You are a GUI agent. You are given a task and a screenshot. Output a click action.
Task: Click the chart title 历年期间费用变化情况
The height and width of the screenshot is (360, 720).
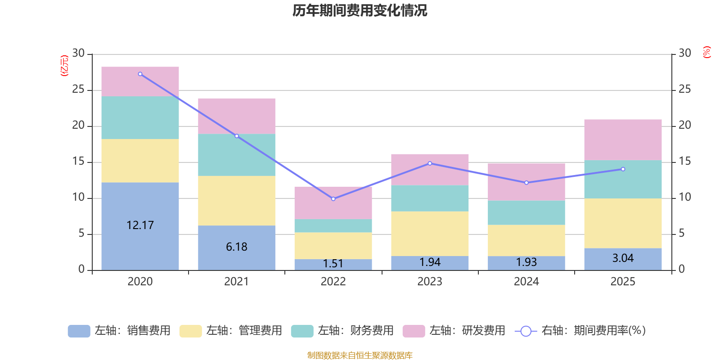coord(360,10)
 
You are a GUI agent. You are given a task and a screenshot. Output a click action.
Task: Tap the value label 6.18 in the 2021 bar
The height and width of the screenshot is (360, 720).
coord(237,247)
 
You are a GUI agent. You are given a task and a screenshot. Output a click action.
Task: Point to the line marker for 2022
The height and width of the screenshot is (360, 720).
coord(333,199)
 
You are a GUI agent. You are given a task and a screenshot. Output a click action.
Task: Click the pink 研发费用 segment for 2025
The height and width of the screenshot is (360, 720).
coord(623,139)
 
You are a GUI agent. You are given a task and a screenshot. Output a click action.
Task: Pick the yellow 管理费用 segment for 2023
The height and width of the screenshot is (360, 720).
coord(430,234)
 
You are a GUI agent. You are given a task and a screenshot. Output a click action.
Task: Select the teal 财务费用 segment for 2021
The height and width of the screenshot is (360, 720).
coord(237,155)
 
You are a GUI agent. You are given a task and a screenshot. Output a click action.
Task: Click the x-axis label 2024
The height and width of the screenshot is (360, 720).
coord(526,282)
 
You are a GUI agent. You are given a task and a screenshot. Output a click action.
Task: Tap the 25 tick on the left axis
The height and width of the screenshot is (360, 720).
coord(78,90)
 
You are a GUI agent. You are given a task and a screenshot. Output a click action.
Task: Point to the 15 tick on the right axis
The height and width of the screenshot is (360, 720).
coord(684,161)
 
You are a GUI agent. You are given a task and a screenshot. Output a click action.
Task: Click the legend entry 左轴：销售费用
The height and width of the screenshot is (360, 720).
coord(119,331)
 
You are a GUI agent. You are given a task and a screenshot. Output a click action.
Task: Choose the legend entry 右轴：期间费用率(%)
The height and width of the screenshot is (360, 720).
coord(580,331)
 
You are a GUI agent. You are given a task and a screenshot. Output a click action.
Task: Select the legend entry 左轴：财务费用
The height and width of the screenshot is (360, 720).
coord(342,331)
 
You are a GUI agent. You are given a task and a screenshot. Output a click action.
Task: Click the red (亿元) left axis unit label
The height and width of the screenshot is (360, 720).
coord(64,66)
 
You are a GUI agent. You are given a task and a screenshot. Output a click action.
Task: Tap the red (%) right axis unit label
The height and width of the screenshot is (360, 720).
coord(707,52)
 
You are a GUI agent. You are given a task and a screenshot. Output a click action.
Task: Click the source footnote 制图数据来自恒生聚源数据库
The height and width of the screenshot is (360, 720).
coord(360,355)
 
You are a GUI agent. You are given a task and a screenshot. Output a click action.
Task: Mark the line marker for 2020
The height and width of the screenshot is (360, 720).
coord(140,74)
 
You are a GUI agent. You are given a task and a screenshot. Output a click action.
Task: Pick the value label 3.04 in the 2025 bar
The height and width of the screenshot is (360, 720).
coord(623,258)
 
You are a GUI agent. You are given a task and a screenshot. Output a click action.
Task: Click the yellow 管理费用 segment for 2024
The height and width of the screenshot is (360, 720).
coord(526,240)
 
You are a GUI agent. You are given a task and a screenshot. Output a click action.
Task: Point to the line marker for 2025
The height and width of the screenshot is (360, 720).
coord(623,169)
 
